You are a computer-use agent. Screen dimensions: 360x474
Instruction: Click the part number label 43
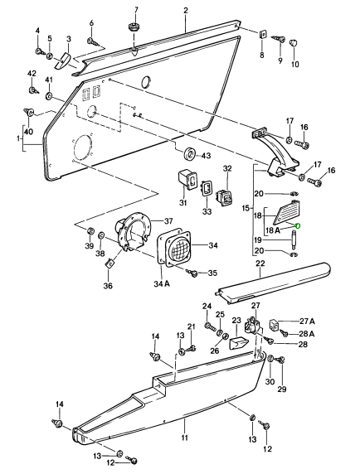point(206,156)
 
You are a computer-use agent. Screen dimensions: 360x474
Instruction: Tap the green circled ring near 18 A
point(297,225)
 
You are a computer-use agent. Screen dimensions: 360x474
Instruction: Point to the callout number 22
point(260,264)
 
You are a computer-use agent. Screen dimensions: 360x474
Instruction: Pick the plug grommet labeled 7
point(133,27)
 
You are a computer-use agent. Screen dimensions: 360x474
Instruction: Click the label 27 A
point(307,321)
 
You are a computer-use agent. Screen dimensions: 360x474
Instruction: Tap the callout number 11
point(185,437)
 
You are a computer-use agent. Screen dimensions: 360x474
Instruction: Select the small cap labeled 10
point(294,42)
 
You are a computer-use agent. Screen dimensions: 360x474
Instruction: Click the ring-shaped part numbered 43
point(190,153)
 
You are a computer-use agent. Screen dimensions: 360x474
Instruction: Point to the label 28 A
point(307,334)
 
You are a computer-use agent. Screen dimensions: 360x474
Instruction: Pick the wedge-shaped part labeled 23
point(239,343)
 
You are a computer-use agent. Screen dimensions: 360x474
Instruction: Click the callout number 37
point(168,221)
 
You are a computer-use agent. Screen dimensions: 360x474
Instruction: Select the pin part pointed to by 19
point(293,239)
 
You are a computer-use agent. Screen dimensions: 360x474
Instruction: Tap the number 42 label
point(32,74)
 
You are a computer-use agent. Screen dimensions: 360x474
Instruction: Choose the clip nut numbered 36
point(109,263)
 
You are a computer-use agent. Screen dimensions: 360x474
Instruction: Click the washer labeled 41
point(49,96)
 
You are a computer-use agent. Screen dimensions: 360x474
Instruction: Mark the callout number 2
point(186,10)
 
